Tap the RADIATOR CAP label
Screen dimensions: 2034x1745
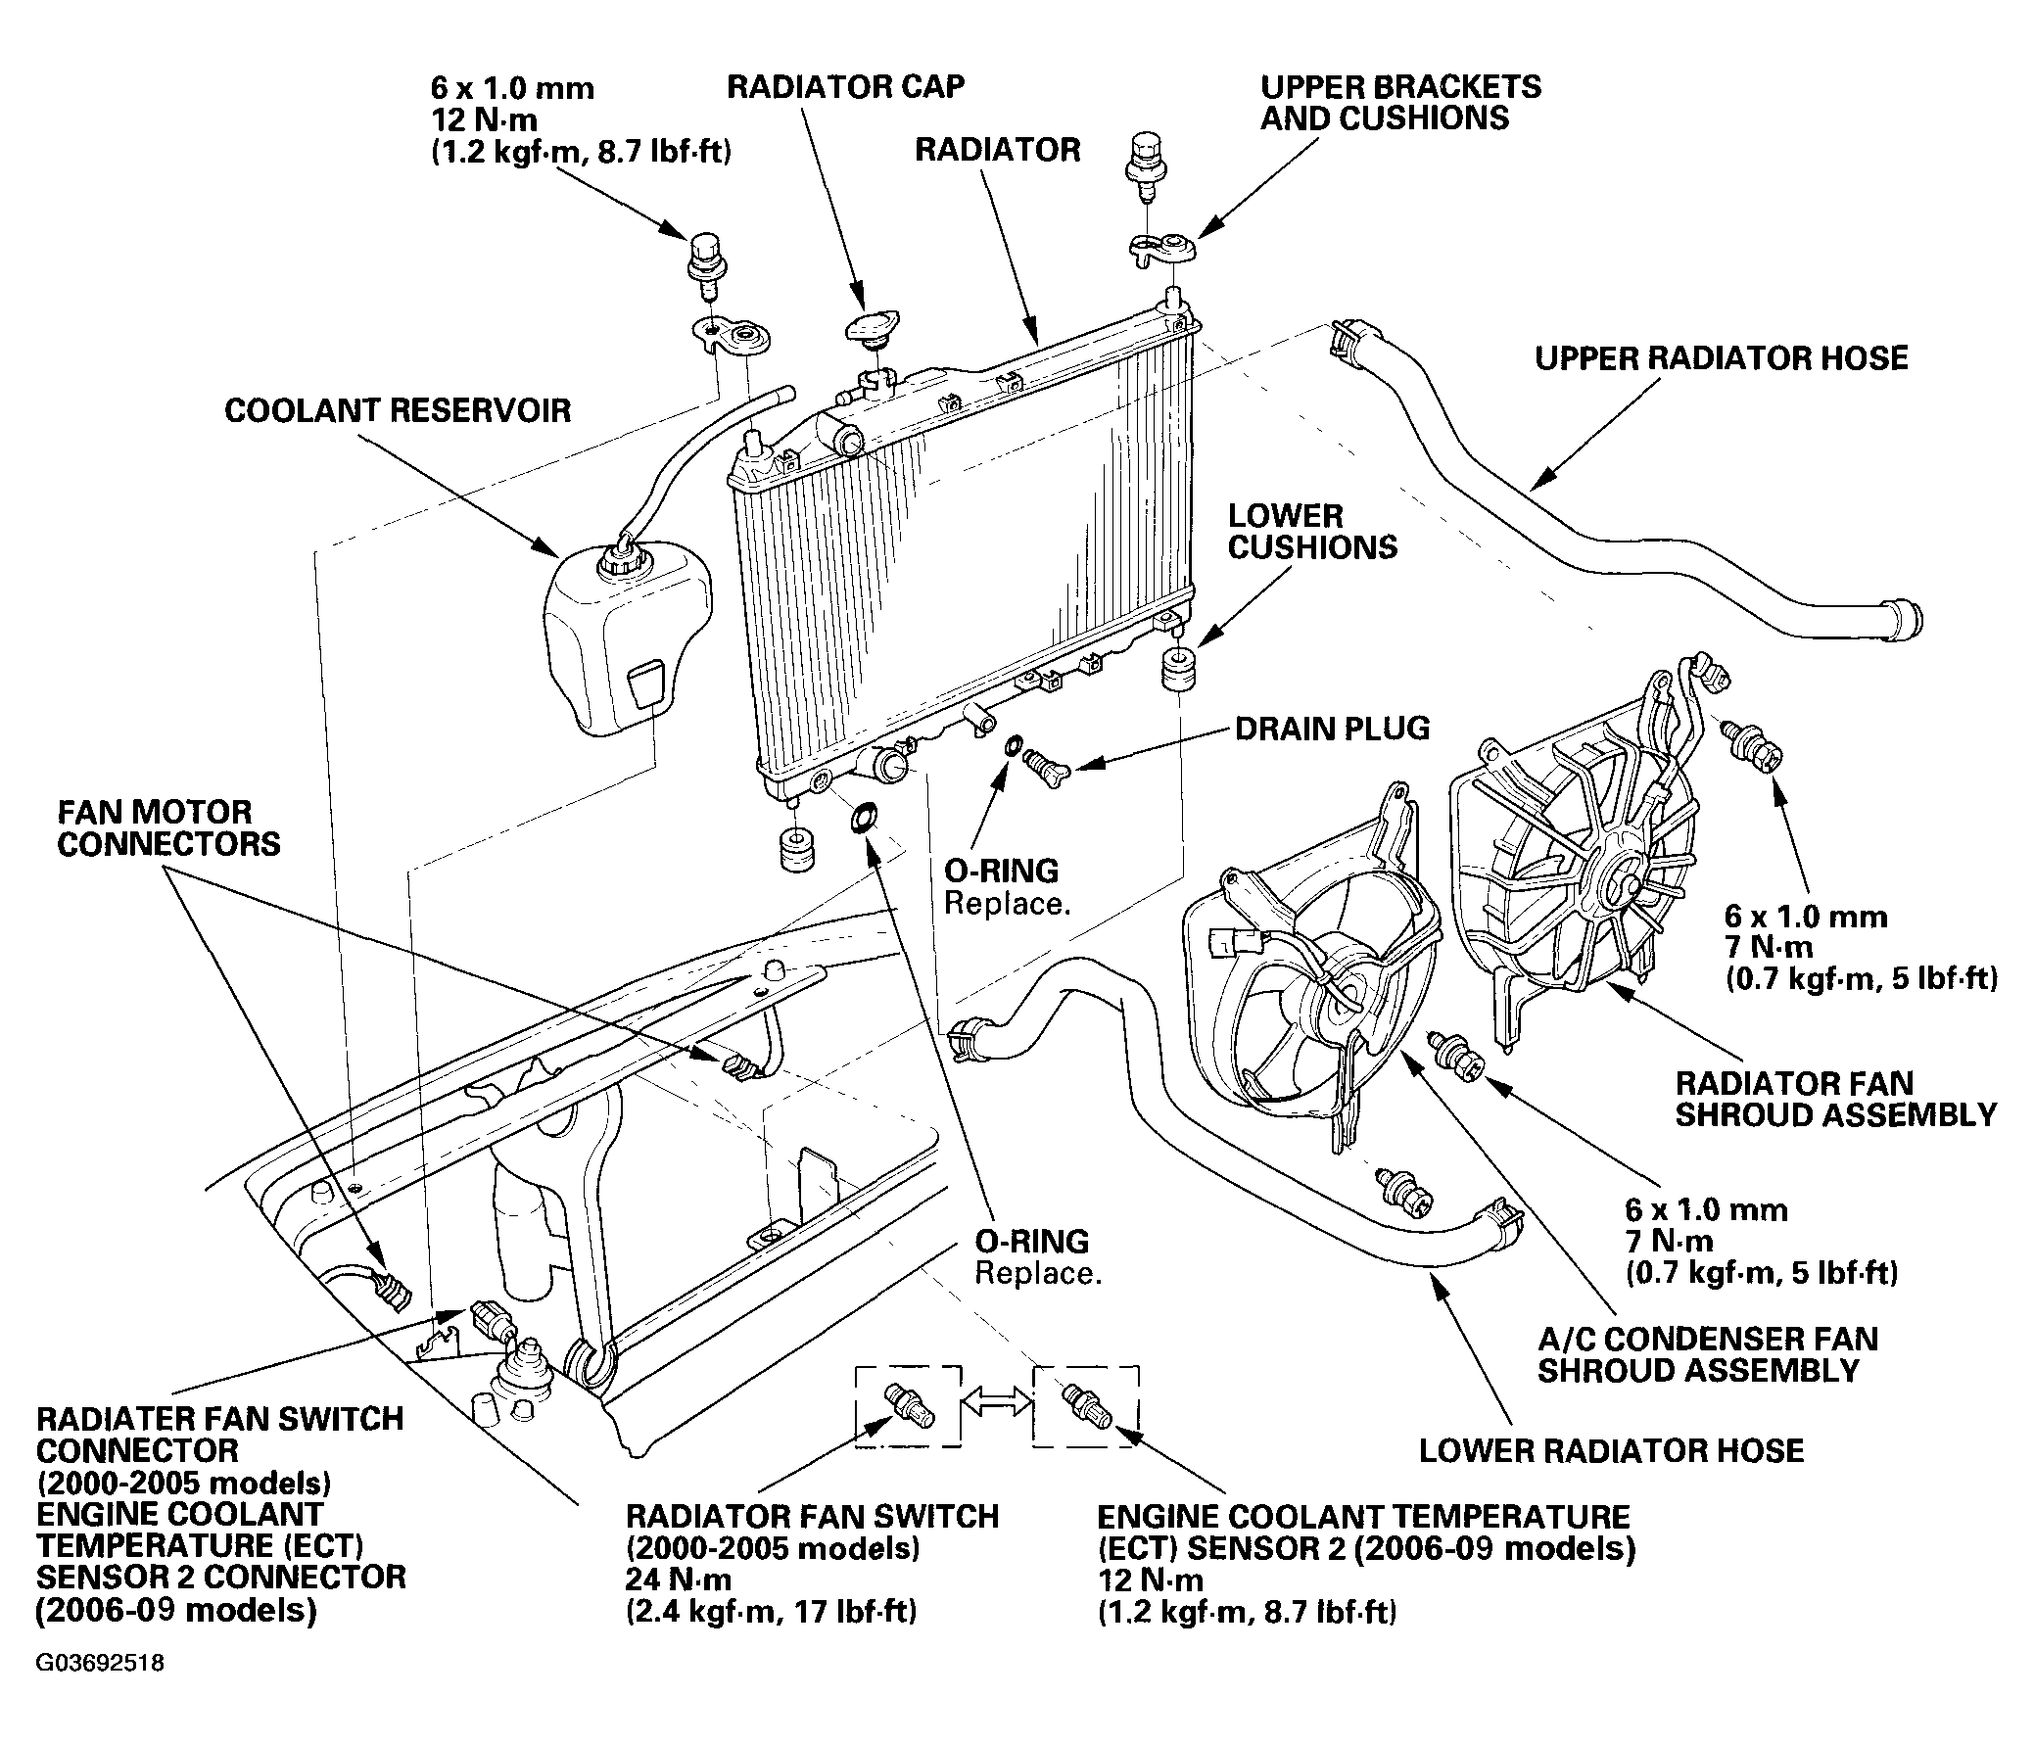[845, 86]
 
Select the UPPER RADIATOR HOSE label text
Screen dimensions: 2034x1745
[1721, 357]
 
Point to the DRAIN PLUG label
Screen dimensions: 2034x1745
[1332, 729]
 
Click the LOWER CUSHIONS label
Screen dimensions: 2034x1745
[1312, 531]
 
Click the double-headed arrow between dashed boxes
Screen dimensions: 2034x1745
[996, 1404]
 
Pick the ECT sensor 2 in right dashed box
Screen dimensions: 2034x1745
[1086, 1405]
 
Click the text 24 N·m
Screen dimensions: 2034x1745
[678, 1580]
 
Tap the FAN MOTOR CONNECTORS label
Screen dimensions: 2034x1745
[168, 827]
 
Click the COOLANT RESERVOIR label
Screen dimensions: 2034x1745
[398, 409]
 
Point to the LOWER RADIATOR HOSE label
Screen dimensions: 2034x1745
[1612, 1450]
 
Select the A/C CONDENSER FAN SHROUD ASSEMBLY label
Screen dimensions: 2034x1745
[1708, 1354]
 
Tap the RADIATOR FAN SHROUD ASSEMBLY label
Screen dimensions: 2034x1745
[1836, 1100]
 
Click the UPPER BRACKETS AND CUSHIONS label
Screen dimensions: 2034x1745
[1400, 102]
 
